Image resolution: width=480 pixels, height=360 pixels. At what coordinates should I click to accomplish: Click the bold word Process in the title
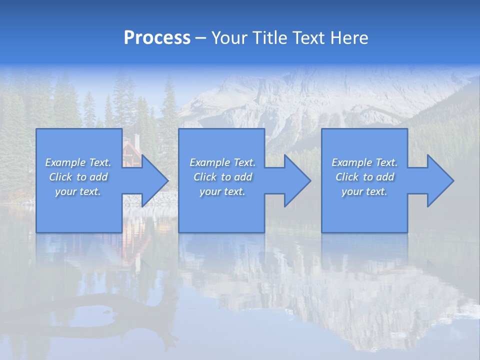click(x=157, y=38)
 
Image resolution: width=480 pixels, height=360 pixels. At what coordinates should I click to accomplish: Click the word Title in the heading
click(x=270, y=38)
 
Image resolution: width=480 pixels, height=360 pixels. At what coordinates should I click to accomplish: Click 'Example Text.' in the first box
click(x=78, y=162)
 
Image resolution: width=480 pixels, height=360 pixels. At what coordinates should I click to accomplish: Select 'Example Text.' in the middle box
click(x=222, y=162)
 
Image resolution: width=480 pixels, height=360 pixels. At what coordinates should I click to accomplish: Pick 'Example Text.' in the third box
click(x=364, y=162)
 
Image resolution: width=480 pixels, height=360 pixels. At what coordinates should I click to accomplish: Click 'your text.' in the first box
click(x=78, y=191)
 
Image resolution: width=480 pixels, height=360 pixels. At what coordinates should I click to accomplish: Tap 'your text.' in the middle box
click(x=222, y=191)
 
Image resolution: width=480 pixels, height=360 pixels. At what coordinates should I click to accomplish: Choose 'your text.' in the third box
click(x=364, y=191)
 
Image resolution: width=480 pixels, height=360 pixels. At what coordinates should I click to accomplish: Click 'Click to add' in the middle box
click(x=222, y=177)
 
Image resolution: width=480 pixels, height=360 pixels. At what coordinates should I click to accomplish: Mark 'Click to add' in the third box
click(x=364, y=177)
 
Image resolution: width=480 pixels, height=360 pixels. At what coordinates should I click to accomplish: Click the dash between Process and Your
click(x=200, y=38)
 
